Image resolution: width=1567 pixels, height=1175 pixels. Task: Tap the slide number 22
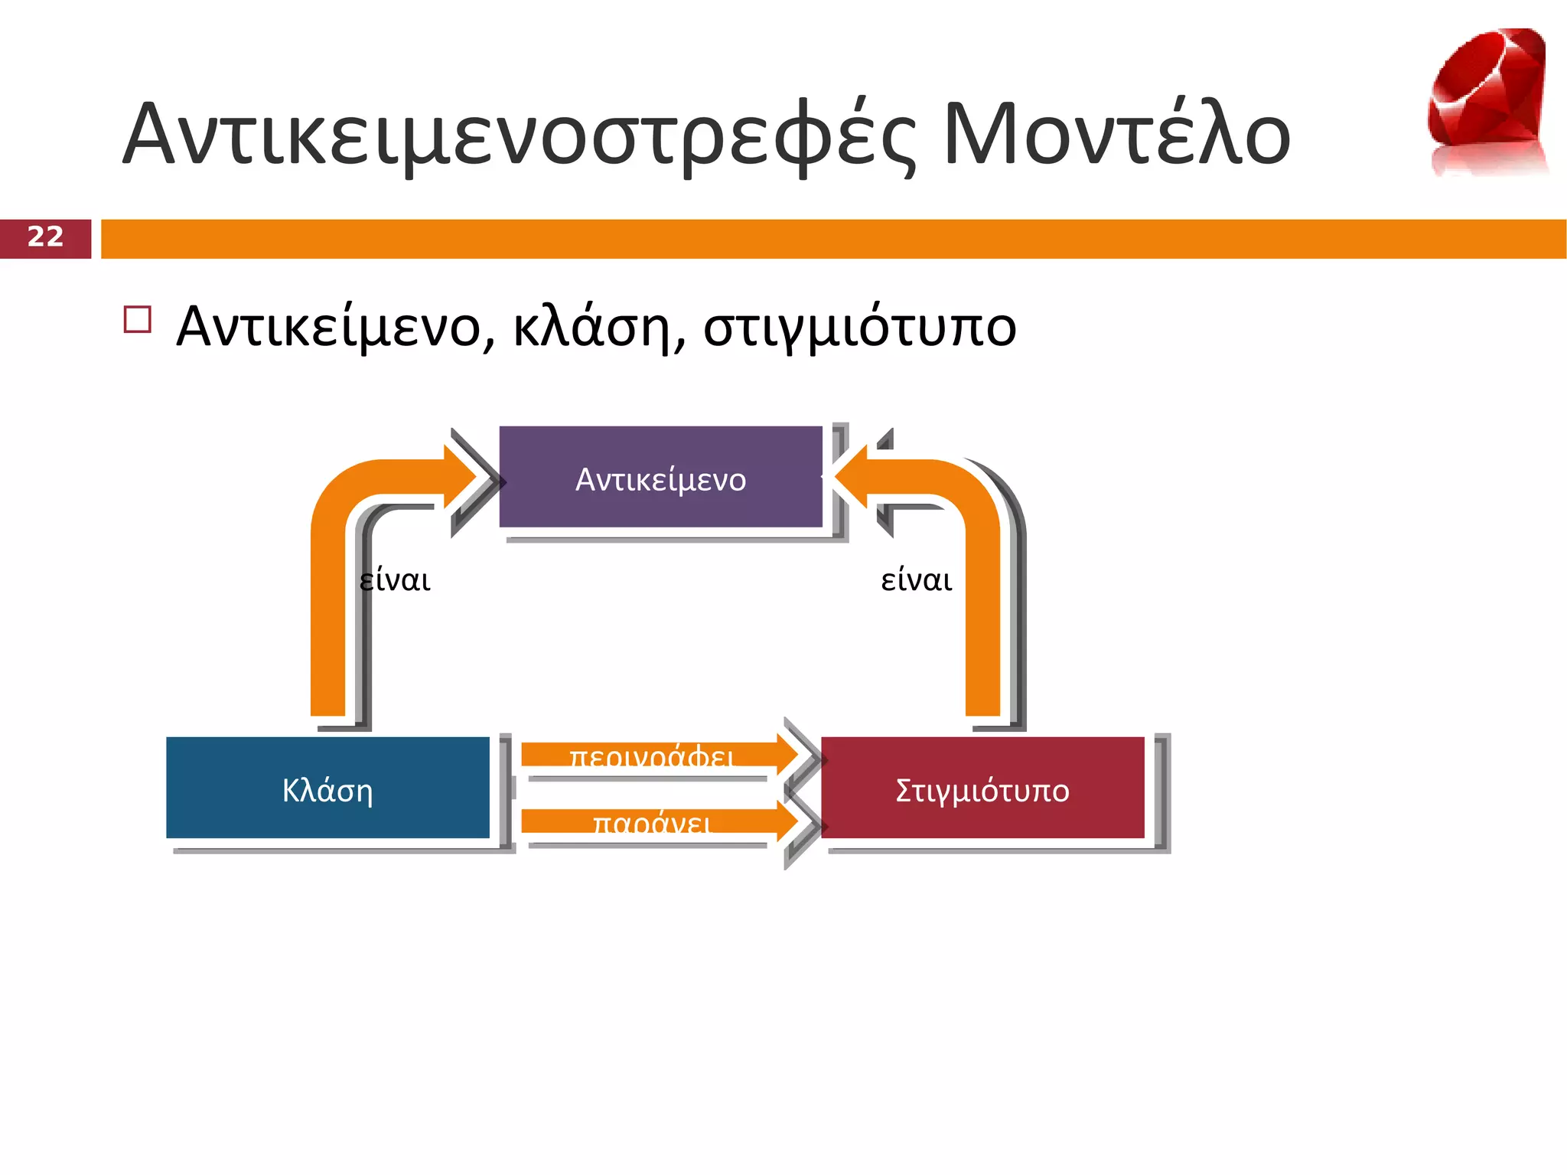(45, 237)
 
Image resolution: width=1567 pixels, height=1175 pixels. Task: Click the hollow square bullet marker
(137, 319)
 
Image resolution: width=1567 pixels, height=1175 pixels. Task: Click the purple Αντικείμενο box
(660, 478)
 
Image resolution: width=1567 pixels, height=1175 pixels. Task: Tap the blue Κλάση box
(327, 788)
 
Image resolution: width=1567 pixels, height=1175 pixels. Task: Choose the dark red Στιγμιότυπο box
(982, 788)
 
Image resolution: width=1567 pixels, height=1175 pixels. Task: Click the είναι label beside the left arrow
(395, 580)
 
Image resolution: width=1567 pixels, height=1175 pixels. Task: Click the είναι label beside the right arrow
(916, 580)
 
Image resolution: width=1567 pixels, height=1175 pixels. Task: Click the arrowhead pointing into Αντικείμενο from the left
(464, 478)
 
